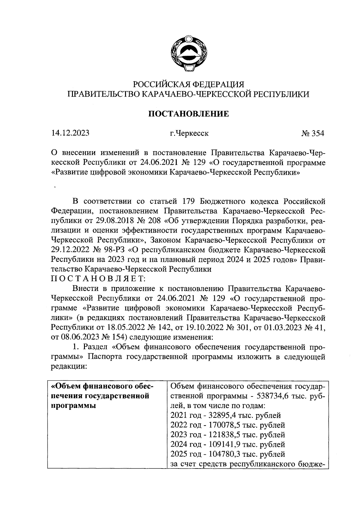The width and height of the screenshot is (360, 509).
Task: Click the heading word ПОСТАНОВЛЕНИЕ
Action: (x=189, y=114)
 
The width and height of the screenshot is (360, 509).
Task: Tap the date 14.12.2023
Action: (x=70, y=133)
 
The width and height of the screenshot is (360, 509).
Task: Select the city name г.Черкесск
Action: (x=189, y=133)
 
